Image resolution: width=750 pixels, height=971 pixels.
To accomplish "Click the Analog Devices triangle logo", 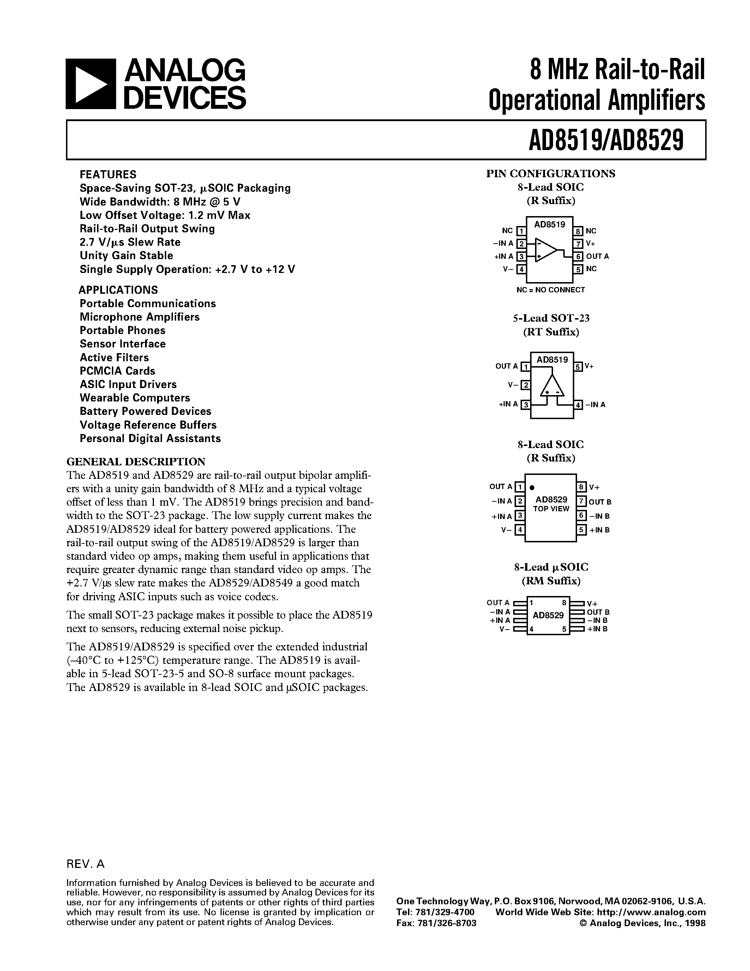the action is (91, 84).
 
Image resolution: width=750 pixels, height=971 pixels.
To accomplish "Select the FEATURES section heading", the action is (108, 174).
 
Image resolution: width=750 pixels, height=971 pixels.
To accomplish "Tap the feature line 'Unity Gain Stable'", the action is (126, 256).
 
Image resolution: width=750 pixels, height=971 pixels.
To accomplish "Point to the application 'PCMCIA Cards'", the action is (117, 371).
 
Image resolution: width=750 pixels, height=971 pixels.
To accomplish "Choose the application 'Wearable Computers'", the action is (134, 398).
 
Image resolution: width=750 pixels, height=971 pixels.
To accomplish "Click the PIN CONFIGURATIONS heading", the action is (551, 173).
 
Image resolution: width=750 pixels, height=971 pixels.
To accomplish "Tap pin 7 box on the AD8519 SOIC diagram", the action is (578, 244).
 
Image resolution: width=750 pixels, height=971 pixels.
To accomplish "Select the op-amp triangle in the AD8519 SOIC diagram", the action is (545, 250).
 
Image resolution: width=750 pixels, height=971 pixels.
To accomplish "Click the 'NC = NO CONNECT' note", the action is (551, 290).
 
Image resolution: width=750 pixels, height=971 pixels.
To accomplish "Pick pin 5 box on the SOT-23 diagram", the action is (578, 367).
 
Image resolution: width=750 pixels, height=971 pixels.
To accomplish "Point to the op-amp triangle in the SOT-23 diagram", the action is (552, 386).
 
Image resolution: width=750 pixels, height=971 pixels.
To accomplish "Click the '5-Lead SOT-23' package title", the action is (551, 318).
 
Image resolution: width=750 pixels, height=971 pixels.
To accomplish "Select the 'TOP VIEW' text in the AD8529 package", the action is (551, 509).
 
